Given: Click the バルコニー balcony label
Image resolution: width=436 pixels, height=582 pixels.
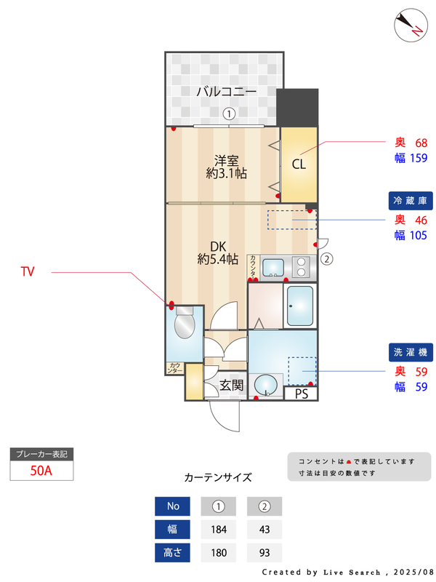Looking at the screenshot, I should [226, 92].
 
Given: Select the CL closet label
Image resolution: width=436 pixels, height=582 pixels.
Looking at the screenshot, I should [299, 164].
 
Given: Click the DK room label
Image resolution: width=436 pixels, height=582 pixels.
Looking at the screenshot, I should [219, 245].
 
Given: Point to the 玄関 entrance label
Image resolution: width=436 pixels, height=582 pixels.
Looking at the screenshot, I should [231, 385].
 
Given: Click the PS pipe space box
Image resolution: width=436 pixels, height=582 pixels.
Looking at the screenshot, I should [302, 394].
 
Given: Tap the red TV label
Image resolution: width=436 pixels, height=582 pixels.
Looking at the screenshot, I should [28, 272].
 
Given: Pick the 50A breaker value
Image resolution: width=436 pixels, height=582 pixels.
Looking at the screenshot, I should [41, 470].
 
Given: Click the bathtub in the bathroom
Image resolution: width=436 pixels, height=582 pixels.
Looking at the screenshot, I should [299, 306].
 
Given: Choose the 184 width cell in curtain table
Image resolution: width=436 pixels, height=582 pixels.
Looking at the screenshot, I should [218, 530].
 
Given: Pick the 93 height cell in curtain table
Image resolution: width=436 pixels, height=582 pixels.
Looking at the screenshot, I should [265, 553].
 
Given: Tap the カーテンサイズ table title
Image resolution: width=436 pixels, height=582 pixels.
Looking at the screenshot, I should [218, 478].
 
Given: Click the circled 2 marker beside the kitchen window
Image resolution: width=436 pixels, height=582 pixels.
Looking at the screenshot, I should [327, 258].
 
